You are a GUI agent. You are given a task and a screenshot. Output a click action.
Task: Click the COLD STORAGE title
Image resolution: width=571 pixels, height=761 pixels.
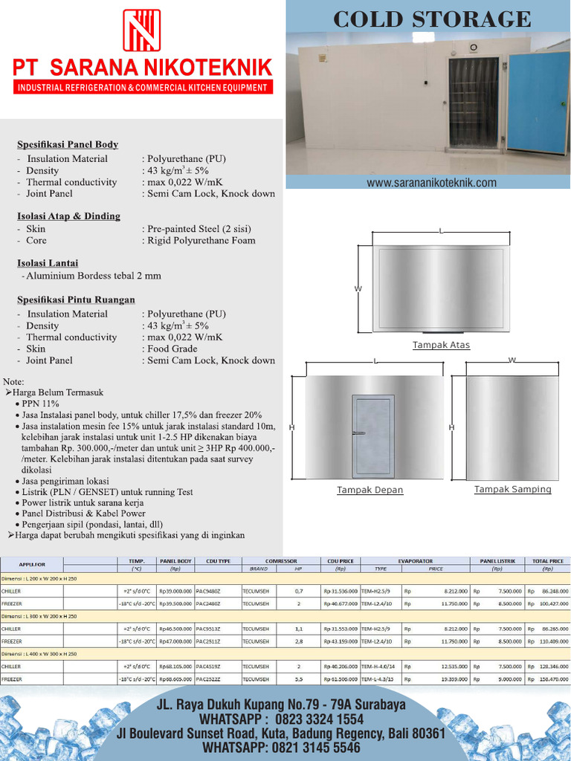[x=432, y=19]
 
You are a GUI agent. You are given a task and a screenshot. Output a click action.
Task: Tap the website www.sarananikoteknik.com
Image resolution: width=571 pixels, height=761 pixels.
[x=431, y=183]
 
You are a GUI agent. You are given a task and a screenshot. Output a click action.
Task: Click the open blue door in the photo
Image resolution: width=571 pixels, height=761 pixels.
[x=537, y=102]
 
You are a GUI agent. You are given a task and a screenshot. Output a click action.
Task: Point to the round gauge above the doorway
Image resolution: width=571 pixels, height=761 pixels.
[x=473, y=48]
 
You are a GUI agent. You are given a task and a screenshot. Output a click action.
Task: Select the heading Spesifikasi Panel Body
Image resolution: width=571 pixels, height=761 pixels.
[x=68, y=144]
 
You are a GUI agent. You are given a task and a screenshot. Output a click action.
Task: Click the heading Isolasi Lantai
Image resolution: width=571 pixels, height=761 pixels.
[x=48, y=263]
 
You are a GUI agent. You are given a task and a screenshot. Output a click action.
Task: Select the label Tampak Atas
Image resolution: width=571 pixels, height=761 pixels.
[x=442, y=345]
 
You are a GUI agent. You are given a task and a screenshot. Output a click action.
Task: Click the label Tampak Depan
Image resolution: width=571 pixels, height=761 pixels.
[x=370, y=490]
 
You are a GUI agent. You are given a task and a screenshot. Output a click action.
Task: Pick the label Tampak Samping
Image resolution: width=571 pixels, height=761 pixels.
[x=513, y=489]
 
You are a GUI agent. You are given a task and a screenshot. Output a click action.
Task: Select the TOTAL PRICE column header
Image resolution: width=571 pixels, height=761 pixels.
[x=548, y=561]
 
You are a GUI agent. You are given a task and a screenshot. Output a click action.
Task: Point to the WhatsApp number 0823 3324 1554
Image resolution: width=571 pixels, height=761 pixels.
[x=321, y=719]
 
